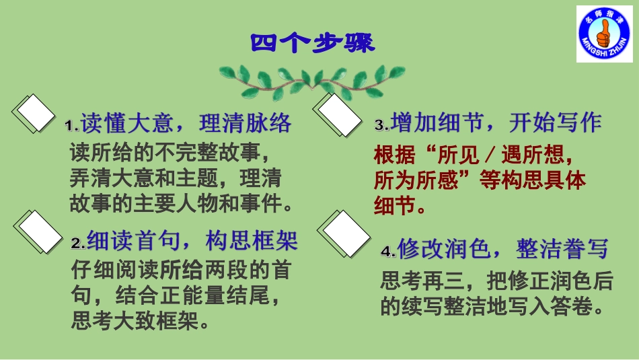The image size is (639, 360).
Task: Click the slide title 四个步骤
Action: tap(313, 43)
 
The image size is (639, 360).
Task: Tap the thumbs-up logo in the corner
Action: tap(604, 34)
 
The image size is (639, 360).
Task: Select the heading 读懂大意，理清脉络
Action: tap(186, 123)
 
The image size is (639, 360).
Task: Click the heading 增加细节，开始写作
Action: tap(496, 122)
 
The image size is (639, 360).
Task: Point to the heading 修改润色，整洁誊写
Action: tap(502, 250)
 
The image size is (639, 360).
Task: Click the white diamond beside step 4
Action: tap(346, 233)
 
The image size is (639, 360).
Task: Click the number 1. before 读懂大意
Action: tap(72, 126)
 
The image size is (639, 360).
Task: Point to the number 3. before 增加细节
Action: tap(381, 125)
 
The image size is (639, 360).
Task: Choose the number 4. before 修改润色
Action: tap(388, 252)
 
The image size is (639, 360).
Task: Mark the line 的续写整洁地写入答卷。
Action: tap(490, 307)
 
